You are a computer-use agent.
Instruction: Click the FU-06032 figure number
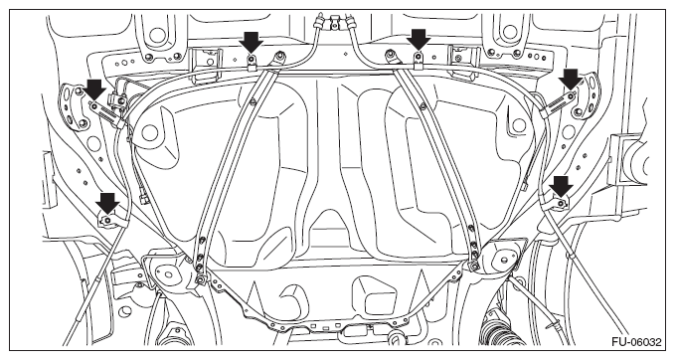coord(636,342)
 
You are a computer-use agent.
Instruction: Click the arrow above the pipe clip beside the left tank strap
coord(251,42)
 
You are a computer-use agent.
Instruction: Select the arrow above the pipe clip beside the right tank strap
coord(418,40)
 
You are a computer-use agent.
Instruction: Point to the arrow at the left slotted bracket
coord(94,90)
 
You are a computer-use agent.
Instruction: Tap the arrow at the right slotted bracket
coord(570,80)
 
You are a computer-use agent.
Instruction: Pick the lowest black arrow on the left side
coord(107,203)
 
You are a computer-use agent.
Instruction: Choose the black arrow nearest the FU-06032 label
coord(562,186)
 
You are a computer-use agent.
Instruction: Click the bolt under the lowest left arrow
coord(107,221)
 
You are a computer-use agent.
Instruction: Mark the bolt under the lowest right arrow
coord(561,203)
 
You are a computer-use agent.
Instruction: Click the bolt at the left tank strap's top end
coord(280,55)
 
